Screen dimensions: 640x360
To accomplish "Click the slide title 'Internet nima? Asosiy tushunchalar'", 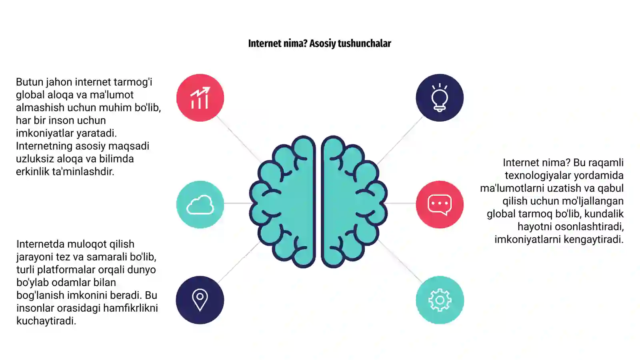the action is [320, 44].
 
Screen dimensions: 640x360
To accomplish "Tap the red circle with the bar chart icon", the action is [200, 98].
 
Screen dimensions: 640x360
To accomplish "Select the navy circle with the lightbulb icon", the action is [440, 98].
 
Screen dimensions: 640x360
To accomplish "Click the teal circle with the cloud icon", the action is [200, 204].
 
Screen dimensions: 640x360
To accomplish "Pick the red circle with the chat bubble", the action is [440, 204].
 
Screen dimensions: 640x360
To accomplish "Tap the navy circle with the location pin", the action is [200, 300].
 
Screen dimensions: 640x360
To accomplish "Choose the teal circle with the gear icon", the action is [440, 300].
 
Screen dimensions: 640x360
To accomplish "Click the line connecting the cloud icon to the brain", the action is [237, 203].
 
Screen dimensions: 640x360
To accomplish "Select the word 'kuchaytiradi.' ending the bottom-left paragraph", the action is [46, 321].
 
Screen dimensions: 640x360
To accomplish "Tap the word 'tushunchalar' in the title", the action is [364, 44].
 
